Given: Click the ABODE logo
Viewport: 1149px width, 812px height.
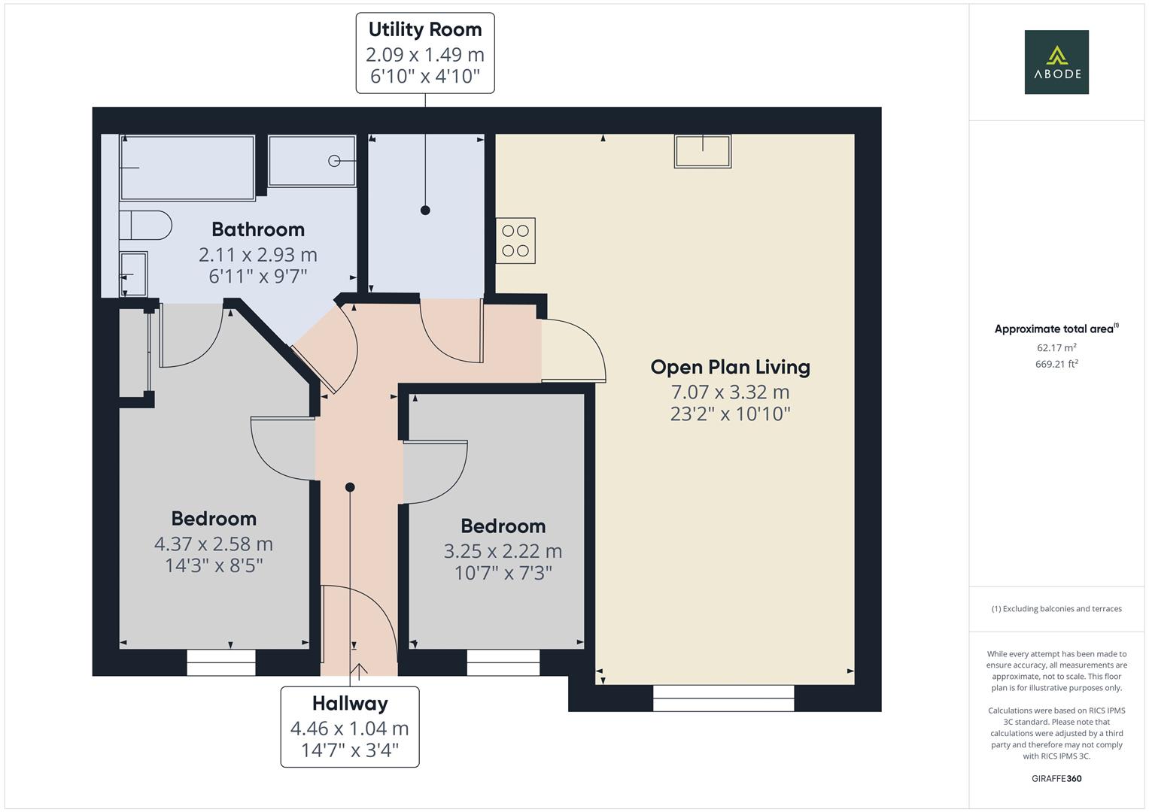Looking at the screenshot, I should click(1056, 62).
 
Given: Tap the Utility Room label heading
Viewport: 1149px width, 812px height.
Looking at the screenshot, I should click(425, 30).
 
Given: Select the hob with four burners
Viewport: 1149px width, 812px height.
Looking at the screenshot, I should click(515, 241).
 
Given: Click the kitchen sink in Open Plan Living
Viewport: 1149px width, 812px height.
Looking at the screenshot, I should click(703, 151).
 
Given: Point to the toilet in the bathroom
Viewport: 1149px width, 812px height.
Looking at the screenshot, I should click(146, 225).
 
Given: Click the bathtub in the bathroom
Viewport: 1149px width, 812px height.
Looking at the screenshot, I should click(187, 167).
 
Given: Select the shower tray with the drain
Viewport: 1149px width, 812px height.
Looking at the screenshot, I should click(312, 160).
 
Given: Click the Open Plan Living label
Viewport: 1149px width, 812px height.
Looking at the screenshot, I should click(730, 367).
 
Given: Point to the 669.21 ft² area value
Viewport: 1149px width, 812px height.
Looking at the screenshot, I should click(1056, 364).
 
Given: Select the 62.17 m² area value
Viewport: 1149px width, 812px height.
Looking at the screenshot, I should click(1056, 347).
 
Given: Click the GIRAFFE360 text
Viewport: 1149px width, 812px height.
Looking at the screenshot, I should click(1056, 778).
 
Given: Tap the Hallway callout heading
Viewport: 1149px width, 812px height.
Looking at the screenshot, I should click(350, 704).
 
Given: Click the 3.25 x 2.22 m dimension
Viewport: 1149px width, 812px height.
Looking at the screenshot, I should click(503, 551).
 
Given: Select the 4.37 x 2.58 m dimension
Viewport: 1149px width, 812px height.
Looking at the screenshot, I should click(214, 544).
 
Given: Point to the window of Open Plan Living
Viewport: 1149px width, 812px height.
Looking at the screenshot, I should click(723, 698).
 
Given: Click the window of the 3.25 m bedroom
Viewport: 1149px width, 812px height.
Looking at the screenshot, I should click(503, 662).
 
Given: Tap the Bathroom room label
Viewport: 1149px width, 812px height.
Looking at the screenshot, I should click(258, 229).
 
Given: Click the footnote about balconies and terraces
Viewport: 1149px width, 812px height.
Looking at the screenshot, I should click(1056, 609).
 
